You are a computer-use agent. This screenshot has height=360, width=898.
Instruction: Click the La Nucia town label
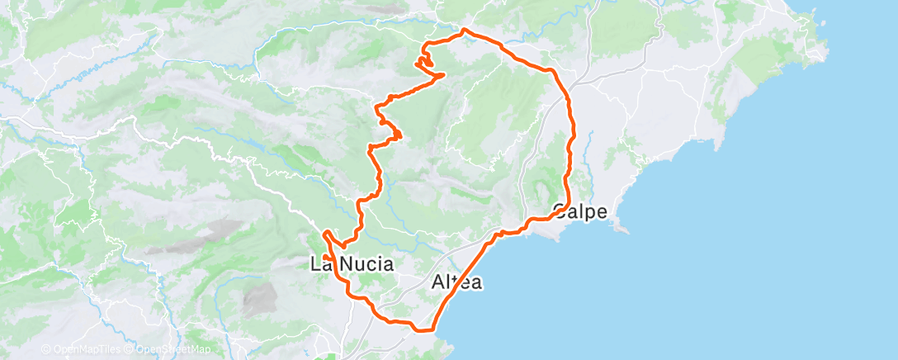(351, 265)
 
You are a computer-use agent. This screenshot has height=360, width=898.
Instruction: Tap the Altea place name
(456, 282)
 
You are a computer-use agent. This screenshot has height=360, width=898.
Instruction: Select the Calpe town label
(580, 211)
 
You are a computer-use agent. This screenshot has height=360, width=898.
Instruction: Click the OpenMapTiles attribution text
(86, 349)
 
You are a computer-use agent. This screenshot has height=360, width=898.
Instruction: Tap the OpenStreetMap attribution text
(173, 349)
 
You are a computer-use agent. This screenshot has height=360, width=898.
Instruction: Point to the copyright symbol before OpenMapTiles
(45, 349)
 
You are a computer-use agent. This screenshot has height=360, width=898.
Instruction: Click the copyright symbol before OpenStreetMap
(130, 349)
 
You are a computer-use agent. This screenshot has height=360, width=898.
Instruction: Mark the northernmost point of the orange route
(465, 31)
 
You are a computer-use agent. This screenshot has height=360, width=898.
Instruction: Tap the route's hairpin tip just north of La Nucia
(327, 232)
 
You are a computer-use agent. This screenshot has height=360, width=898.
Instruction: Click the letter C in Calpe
(560, 211)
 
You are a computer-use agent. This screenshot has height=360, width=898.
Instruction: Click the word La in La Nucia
(320, 265)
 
